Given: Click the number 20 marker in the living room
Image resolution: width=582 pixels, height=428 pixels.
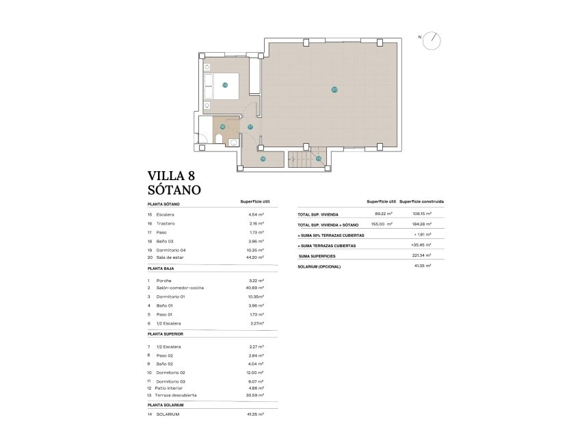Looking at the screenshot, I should point(334,90).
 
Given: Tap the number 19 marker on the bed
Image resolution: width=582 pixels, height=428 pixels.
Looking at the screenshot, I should point(224,85).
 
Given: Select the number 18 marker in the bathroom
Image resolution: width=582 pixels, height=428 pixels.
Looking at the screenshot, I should point(222,127).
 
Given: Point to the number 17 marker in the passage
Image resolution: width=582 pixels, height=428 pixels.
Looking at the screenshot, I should point(250,127).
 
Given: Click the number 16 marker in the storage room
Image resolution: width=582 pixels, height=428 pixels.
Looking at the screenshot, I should point(263,159).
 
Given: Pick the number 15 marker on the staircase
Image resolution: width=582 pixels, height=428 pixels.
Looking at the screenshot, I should point(318,159).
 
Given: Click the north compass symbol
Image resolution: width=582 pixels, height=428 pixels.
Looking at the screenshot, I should point(432,40).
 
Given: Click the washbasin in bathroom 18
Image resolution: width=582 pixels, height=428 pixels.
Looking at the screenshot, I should point(234,142).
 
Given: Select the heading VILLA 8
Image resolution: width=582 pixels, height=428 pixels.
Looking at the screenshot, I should point(175,176).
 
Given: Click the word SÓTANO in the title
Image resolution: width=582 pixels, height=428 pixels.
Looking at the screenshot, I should point(174,190).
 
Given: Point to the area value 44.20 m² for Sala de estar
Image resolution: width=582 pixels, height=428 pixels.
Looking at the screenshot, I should point(255,257).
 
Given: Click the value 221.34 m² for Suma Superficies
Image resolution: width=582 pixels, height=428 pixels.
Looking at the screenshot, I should point(422,255).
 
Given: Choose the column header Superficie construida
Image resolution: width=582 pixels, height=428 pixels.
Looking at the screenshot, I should point(421,202).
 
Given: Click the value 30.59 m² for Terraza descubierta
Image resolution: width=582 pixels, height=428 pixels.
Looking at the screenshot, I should point(255,395).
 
